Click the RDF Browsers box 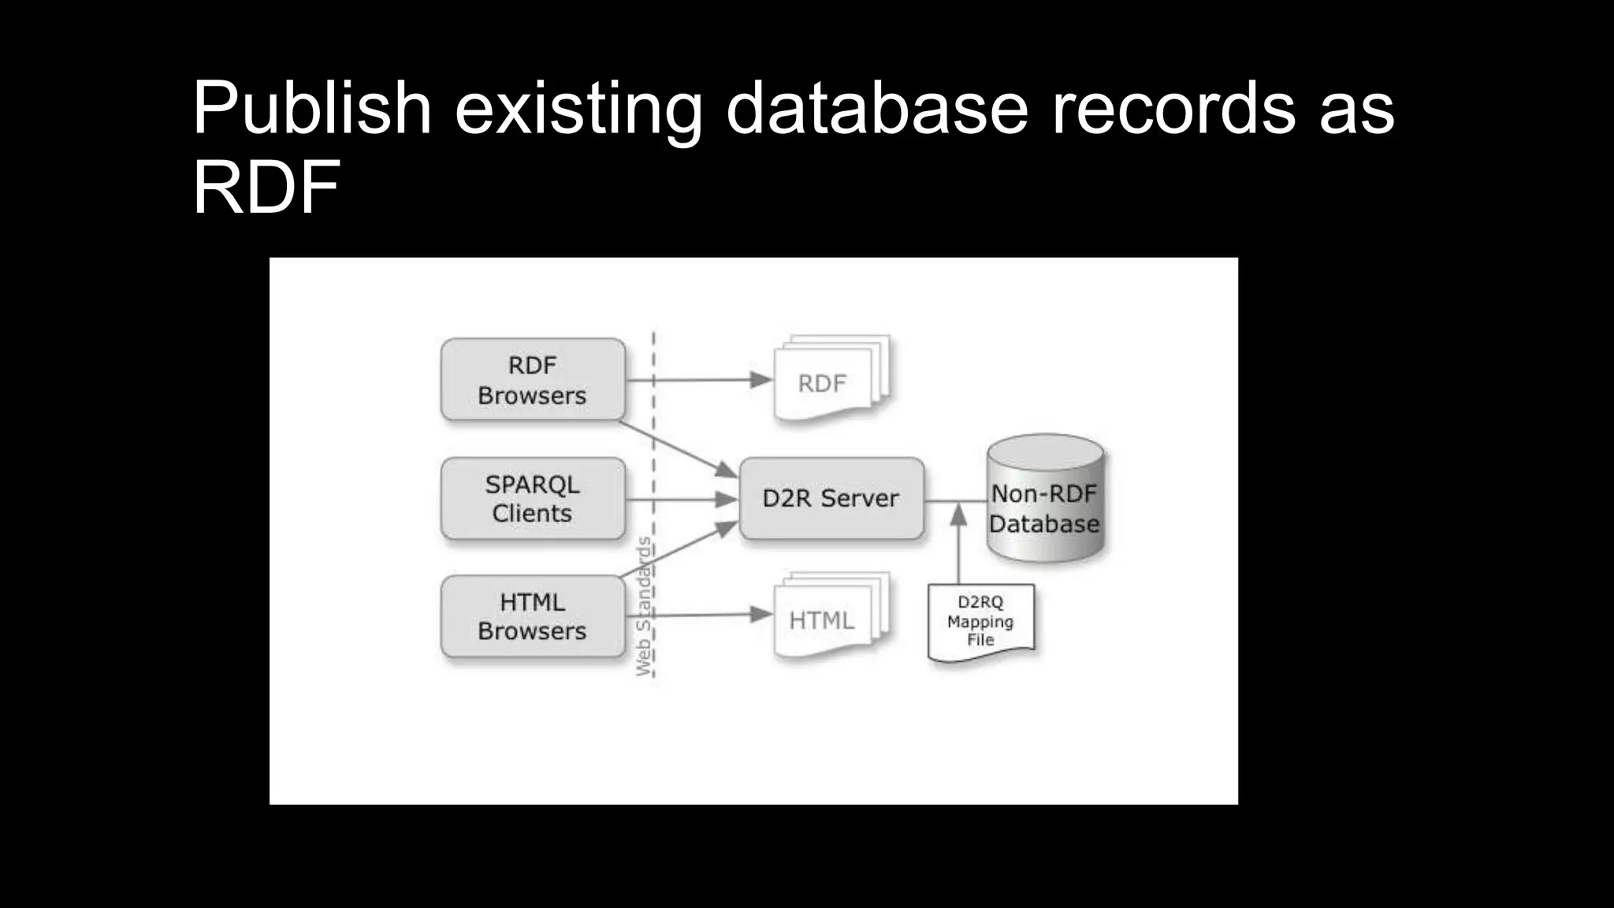tap(533, 380)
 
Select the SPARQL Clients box tap(533, 499)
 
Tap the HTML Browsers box tap(533, 616)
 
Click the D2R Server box tap(831, 499)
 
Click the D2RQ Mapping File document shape tap(980, 621)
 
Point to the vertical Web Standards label tap(644, 607)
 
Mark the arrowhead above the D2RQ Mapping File tap(958, 515)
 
